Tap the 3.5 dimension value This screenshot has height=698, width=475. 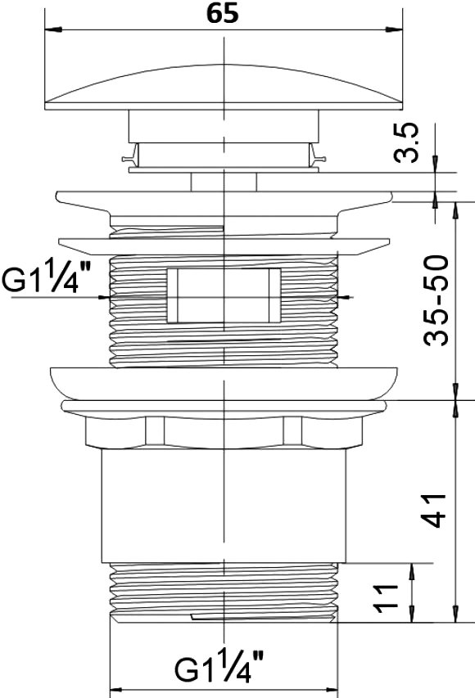tap(406, 142)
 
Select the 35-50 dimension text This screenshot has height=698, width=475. tap(436, 300)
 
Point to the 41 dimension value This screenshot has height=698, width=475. tap(433, 510)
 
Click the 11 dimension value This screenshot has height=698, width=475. tap(386, 599)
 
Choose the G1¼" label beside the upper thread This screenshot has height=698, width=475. tap(47, 277)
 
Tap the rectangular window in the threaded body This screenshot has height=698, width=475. tap(224, 295)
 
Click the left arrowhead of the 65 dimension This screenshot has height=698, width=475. tap(53, 29)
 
